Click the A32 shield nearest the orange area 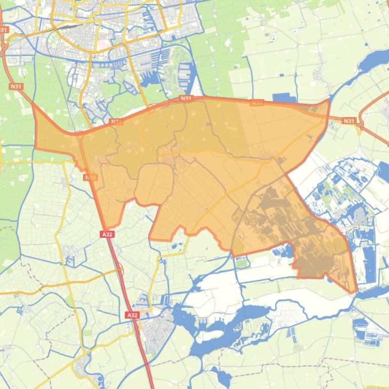pyautogui.click(x=107, y=234)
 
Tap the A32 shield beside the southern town pyautogui.click(x=132, y=315)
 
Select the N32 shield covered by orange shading pyautogui.click(x=91, y=177)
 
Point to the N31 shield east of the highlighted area pyautogui.click(x=349, y=121)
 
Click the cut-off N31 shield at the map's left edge pyautogui.click(x=4, y=30)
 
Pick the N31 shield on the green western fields pyautogui.click(x=16, y=86)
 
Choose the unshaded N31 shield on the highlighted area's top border pyautogui.click(x=186, y=99)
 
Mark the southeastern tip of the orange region pyautogui.click(x=356, y=292)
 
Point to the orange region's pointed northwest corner pyautogui.click(x=34, y=105)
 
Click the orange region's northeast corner pyautogui.click(x=329, y=100)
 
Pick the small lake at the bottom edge pyautogui.click(x=222, y=376)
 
